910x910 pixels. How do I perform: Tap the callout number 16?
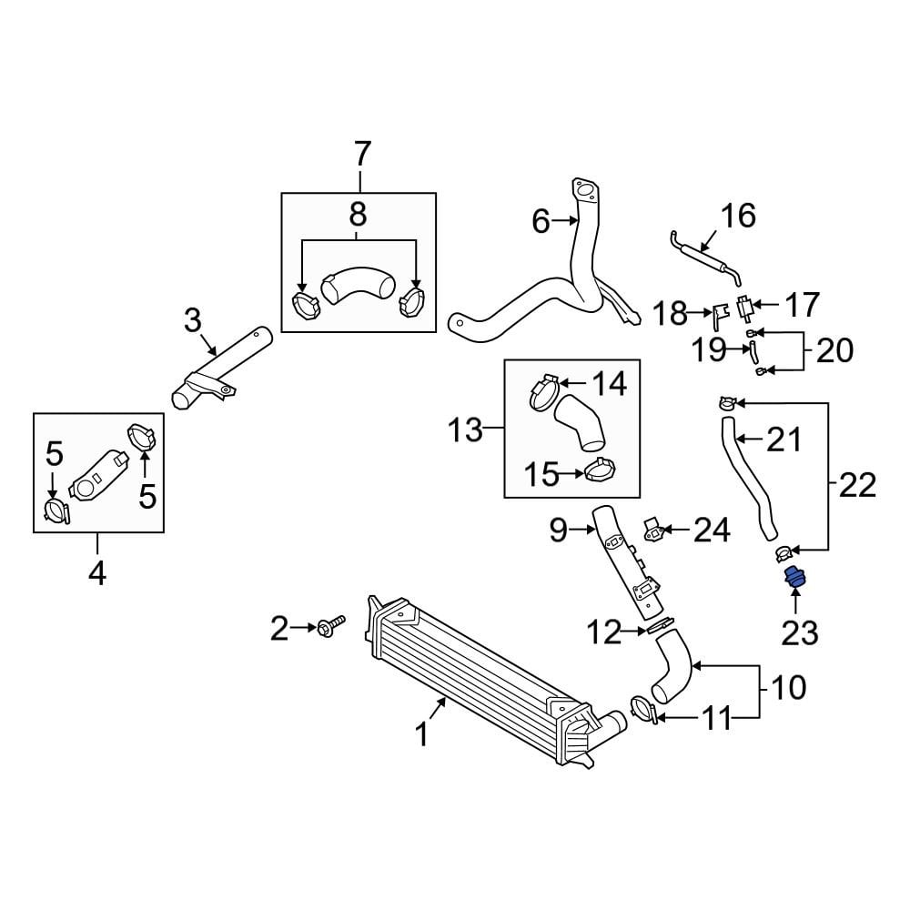tap(738, 216)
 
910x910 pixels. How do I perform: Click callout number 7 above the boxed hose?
tap(361, 155)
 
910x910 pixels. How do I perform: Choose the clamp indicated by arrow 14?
tap(544, 392)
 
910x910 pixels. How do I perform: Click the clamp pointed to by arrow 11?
tap(643, 711)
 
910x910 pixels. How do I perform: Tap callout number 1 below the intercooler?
tap(422, 733)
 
